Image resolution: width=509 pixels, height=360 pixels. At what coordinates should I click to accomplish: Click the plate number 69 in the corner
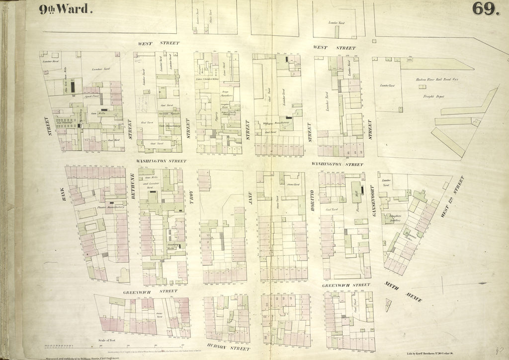[x=486, y=8]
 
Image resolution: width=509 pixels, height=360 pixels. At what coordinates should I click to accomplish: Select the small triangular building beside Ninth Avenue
[x=388, y=304]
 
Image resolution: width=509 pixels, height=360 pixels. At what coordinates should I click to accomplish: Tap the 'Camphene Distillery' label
[x=396, y=218]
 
